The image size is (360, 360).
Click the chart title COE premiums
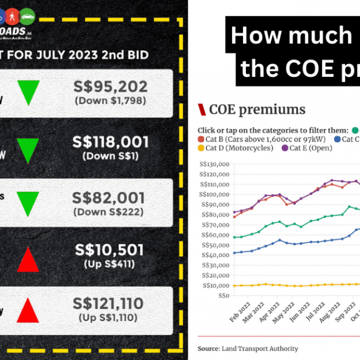pyautogui.click(x=257, y=110)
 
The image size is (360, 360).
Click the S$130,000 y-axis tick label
pyautogui.click(x=214, y=164)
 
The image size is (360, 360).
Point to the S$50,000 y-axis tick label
pyautogui.click(x=215, y=245)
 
